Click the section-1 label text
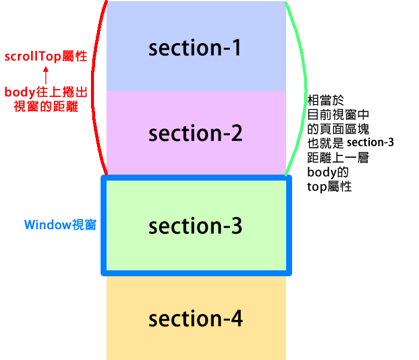point(195,48)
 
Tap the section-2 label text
point(195,134)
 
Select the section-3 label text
point(195,227)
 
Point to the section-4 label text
point(195,319)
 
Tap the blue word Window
point(47,225)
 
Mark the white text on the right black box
point(369,144)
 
